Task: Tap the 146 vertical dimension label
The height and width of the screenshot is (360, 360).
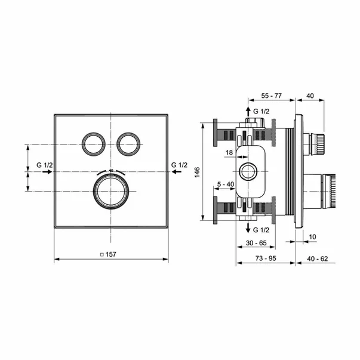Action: [197, 172]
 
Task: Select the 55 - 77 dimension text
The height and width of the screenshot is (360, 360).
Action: [272, 96]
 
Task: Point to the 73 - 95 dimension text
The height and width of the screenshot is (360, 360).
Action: [266, 259]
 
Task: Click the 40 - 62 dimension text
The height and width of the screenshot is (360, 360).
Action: [318, 259]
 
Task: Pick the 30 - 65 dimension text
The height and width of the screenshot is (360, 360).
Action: [256, 243]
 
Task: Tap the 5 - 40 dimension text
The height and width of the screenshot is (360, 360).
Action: [226, 184]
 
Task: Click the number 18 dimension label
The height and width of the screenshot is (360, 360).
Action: [229, 152]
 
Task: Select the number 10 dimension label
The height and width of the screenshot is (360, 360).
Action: [312, 236]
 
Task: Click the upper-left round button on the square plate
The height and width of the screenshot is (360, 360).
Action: [94, 144]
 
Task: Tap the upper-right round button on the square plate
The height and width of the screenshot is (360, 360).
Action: [128, 144]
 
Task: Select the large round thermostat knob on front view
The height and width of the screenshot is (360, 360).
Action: [111, 191]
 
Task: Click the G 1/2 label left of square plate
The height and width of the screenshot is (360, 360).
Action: [45, 165]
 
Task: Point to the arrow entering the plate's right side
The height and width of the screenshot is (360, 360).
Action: [177, 171]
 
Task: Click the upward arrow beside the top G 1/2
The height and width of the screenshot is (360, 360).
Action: [248, 112]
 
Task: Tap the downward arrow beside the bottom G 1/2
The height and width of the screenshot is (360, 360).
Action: [248, 227]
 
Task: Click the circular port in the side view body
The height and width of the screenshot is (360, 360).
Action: [248, 171]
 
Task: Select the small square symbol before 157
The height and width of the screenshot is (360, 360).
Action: [102, 254]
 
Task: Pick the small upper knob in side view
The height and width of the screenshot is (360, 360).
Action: [314, 144]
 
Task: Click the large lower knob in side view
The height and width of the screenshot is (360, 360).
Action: [319, 191]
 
